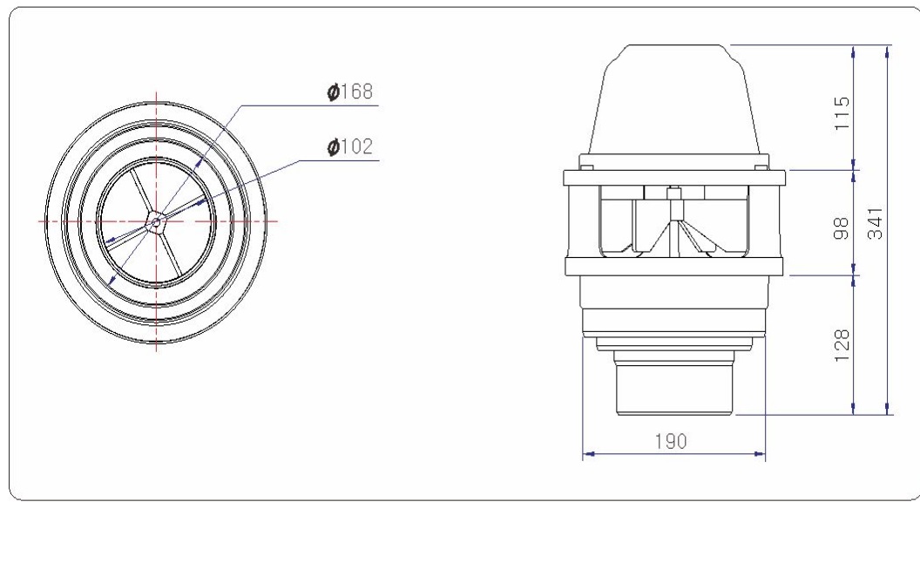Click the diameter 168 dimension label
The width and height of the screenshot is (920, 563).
pyautogui.click(x=349, y=92)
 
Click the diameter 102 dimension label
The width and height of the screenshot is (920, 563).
pyautogui.click(x=349, y=146)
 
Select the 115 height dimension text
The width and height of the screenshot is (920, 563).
pyautogui.click(x=842, y=113)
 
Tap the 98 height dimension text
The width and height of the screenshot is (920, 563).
pyautogui.click(x=842, y=228)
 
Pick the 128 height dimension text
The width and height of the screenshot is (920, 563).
pyautogui.click(x=842, y=345)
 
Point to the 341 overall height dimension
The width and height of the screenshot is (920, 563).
pyautogui.click(x=875, y=223)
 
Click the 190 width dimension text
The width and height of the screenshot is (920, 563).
pyautogui.click(x=671, y=442)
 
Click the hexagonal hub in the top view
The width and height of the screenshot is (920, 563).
pyautogui.click(x=156, y=222)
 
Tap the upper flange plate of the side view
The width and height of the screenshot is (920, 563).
pyautogui.click(x=674, y=178)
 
